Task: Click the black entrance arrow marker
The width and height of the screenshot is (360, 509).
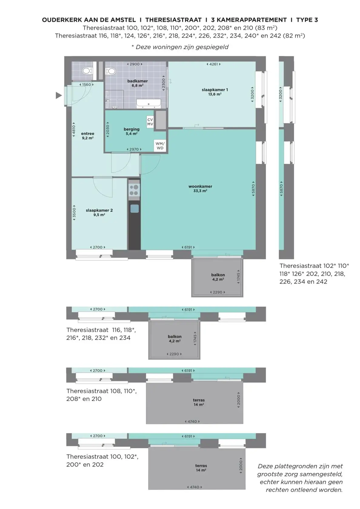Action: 59,95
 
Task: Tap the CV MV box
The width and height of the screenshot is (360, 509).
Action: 150,122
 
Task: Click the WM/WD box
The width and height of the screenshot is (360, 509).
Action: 160,146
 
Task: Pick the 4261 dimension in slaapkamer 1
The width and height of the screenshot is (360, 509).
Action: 213,64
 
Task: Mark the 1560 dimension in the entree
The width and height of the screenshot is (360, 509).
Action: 86,85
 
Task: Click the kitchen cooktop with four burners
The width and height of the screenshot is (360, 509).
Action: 134,190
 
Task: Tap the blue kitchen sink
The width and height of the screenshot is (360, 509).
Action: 135,208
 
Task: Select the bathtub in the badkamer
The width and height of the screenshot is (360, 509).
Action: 148,104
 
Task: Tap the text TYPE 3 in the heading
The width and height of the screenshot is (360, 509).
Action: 307,20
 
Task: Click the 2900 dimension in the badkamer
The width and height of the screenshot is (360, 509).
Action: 135,64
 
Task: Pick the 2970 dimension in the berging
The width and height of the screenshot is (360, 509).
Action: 134,149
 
